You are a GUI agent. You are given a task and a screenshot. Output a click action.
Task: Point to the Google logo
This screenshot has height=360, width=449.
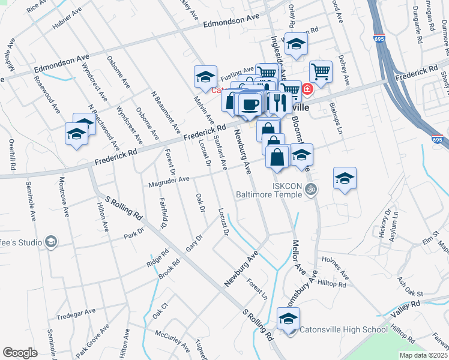tap(20, 353)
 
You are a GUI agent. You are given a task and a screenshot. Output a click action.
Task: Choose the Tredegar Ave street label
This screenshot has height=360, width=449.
tap(76, 313)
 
